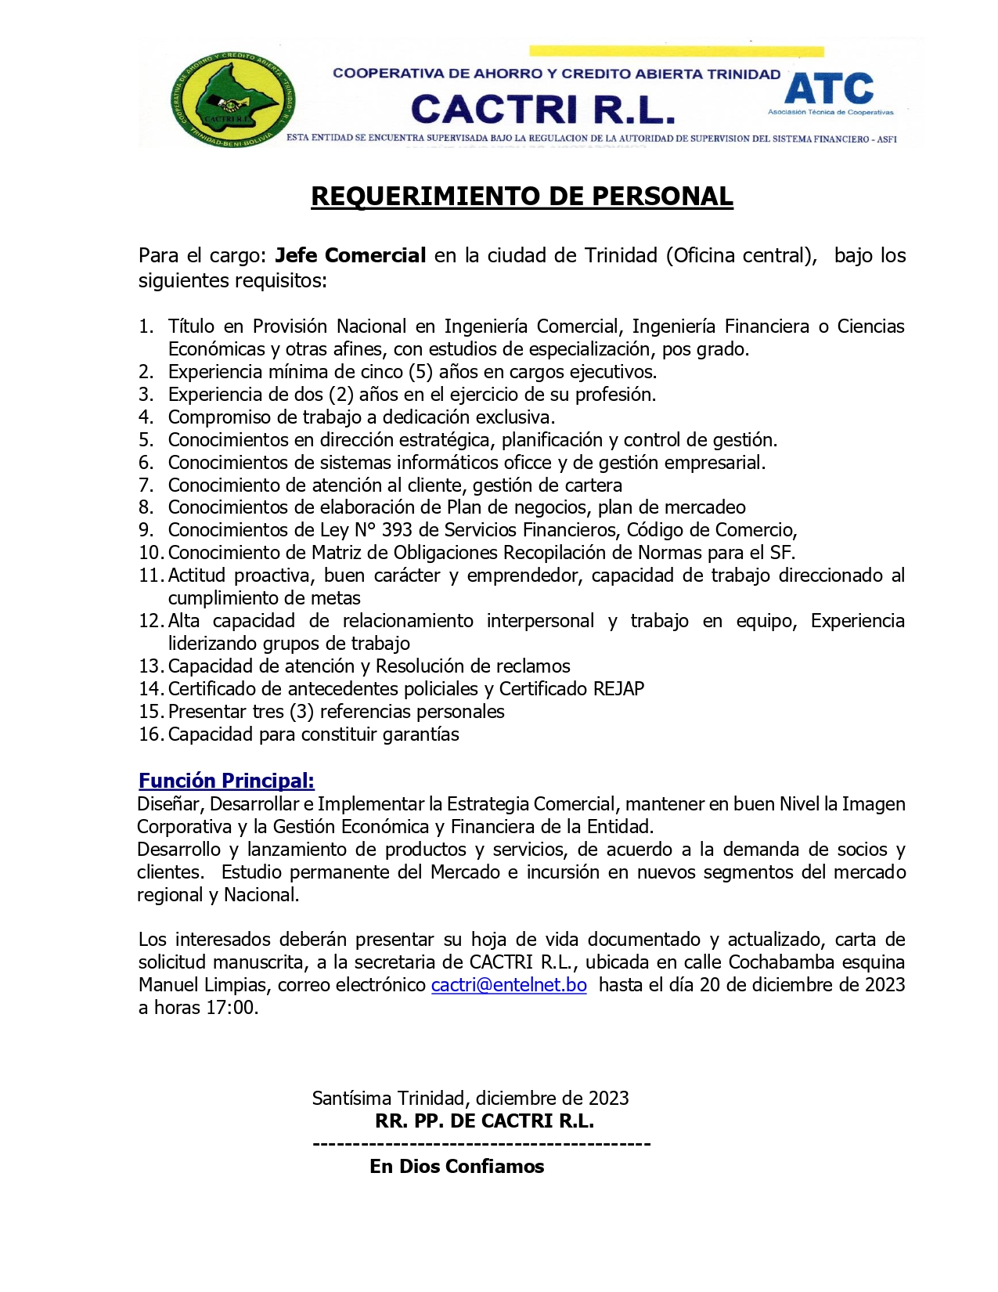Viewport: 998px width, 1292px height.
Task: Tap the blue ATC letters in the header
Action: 829,88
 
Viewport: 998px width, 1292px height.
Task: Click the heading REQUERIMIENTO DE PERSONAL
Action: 522,196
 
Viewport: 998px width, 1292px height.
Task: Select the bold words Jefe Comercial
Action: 351,255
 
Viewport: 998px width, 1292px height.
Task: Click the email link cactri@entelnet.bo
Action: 509,984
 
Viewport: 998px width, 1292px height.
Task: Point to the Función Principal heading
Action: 226,780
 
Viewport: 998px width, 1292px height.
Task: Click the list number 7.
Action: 146,485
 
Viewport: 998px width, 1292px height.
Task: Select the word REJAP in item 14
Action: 618,688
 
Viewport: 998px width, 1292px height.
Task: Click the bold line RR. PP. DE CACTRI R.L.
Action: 485,1121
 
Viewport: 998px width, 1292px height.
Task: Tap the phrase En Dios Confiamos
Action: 457,1166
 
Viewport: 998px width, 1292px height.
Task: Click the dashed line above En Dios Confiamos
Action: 481,1144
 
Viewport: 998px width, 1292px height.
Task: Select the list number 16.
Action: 150,734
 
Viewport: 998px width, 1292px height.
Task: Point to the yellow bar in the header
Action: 676,52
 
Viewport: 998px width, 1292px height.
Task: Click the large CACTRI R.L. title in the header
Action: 542,110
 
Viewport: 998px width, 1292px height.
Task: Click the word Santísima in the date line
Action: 351,1098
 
